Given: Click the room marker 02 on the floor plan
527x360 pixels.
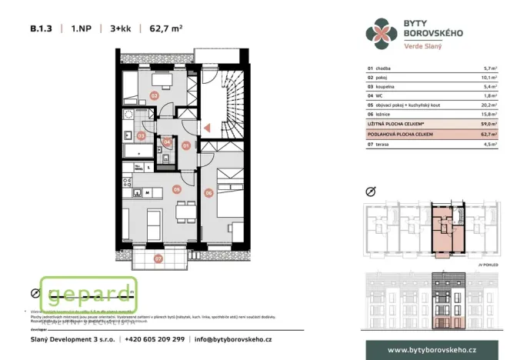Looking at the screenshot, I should click(x=155, y=96).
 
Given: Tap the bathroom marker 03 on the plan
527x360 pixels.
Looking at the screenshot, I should click(x=141, y=135).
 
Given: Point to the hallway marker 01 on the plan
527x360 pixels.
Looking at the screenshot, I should click(x=185, y=145).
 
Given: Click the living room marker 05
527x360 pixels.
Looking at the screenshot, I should click(x=176, y=188).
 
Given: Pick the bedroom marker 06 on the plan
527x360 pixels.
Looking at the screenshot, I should click(x=208, y=192).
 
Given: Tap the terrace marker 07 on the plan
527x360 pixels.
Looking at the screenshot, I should click(x=158, y=258).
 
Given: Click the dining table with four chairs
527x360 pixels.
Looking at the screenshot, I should click(x=182, y=209).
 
